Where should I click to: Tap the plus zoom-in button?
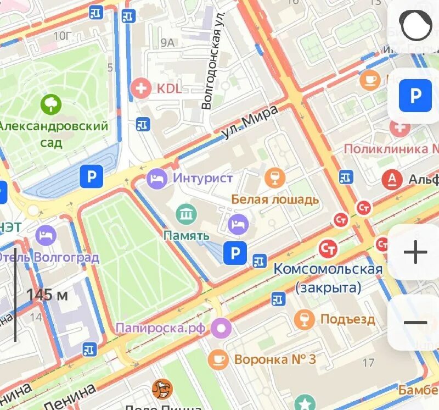click(x=415, y=253)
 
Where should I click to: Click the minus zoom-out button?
click(x=415, y=323)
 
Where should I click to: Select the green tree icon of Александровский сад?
click(x=52, y=104)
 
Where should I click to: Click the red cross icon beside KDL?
click(x=142, y=88)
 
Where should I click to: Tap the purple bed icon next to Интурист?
click(x=157, y=178)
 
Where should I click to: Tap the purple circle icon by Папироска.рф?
click(x=222, y=329)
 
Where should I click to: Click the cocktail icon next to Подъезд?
click(x=303, y=319)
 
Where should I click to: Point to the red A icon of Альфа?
click(x=392, y=179)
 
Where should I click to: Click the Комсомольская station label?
click(x=328, y=269)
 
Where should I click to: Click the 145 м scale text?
click(x=47, y=295)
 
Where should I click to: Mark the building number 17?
click(x=369, y=362)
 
